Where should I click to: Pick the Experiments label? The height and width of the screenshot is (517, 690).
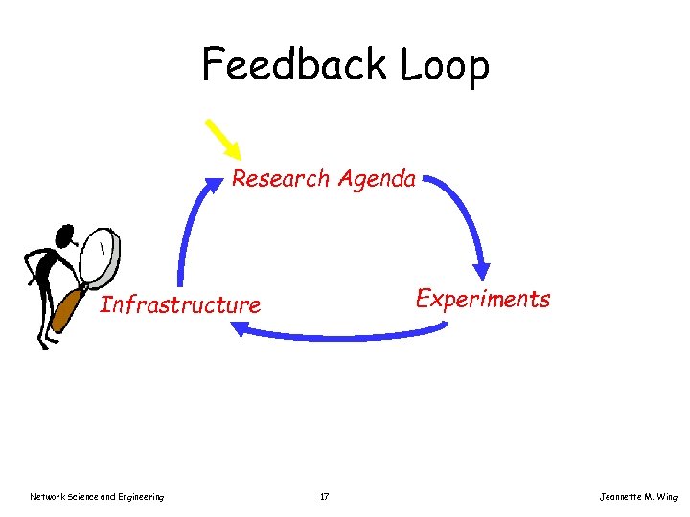coord(482,299)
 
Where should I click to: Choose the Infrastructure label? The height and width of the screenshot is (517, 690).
coord(180,305)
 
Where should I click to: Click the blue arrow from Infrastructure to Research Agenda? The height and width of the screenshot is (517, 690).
coord(188,230)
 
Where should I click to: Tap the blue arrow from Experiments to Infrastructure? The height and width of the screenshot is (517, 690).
coord(345,336)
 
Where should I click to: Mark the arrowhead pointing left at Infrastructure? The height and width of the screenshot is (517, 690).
coord(241,329)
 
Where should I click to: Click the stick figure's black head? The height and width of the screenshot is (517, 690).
coord(65,235)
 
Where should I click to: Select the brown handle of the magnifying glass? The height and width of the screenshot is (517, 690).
coord(67,308)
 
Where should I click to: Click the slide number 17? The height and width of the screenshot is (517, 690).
coord(324,496)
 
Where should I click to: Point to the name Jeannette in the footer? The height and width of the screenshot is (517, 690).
coord(621,496)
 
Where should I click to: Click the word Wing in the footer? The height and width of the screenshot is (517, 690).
coord(669,496)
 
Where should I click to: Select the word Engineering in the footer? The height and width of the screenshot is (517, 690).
coord(140,496)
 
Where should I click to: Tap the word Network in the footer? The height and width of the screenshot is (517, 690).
coord(47,496)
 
